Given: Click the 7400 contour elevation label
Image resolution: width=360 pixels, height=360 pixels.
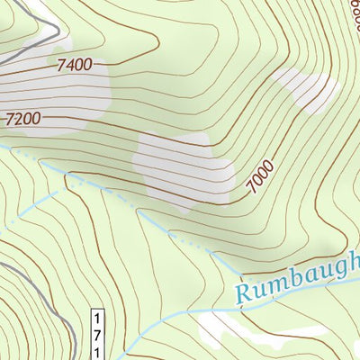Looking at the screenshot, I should (x=74, y=65).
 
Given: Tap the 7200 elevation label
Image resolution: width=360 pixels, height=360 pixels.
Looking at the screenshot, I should (x=24, y=118).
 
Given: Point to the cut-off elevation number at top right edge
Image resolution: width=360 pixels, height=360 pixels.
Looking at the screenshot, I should (x=352, y=11).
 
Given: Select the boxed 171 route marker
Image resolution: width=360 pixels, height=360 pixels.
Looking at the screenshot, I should (x=96, y=333).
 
